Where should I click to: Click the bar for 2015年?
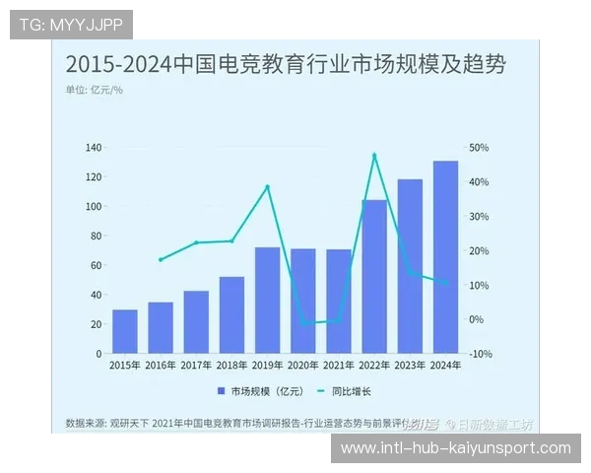tap(125, 331)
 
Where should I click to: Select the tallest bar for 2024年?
tap(445, 256)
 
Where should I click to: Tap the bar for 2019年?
tap(267, 300)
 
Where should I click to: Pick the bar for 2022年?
tap(374, 276)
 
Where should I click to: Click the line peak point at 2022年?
tap(374, 155)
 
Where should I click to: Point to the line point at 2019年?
tap(267, 186)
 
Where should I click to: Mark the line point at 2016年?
tap(161, 260)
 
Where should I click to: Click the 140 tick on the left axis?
tap(94, 148)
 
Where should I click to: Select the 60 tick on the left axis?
tap(97, 265)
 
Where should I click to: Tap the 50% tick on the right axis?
tap(479, 148)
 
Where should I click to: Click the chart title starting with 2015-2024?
tap(286, 65)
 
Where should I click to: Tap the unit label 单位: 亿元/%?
tap(95, 91)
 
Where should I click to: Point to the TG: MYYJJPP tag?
tap(70, 24)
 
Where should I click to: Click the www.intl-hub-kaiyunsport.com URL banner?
tap(455, 448)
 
